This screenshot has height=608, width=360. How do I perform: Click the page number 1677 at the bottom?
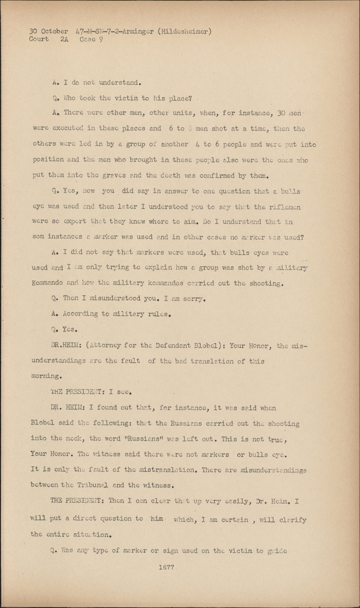tap(166, 567)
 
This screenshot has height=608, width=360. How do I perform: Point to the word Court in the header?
tap(39, 39)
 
